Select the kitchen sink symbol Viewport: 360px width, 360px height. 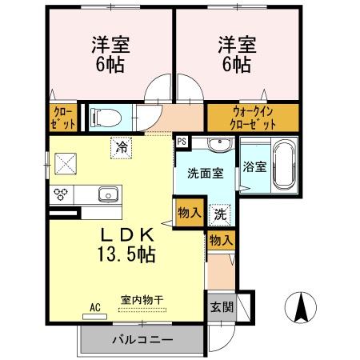106,194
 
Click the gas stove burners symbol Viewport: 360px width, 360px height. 61,194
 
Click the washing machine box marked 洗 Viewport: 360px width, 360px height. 220,214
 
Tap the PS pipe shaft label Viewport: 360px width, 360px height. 182,142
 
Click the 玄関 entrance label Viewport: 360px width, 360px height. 221,306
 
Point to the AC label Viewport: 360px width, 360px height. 94,306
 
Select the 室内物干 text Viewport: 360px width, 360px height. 144,300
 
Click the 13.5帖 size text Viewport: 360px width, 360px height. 126,254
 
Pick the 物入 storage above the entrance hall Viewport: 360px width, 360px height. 221,238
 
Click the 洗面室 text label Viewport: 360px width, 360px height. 205,172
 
